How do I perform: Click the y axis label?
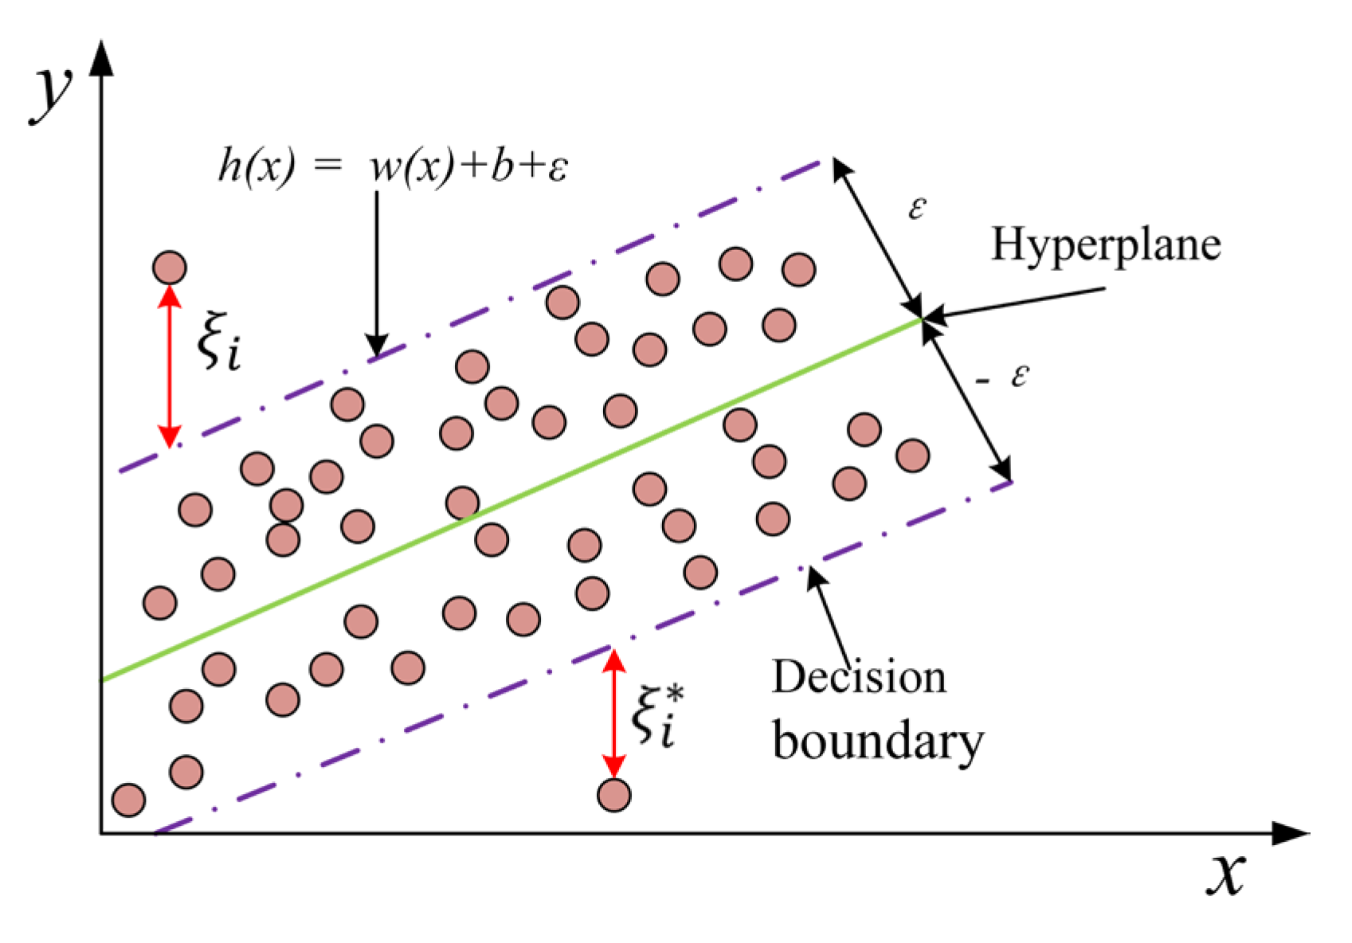52,94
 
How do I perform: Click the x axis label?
1225,874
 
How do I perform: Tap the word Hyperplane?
1105,244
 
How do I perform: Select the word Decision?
859,677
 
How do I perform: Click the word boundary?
877,742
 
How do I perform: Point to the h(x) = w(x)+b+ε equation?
393,167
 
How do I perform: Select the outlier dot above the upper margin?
170,268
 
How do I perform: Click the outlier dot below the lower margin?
613,794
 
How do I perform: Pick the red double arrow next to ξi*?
613,714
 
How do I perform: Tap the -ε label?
1004,377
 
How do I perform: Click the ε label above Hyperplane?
917,209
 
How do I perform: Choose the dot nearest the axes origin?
128,800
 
